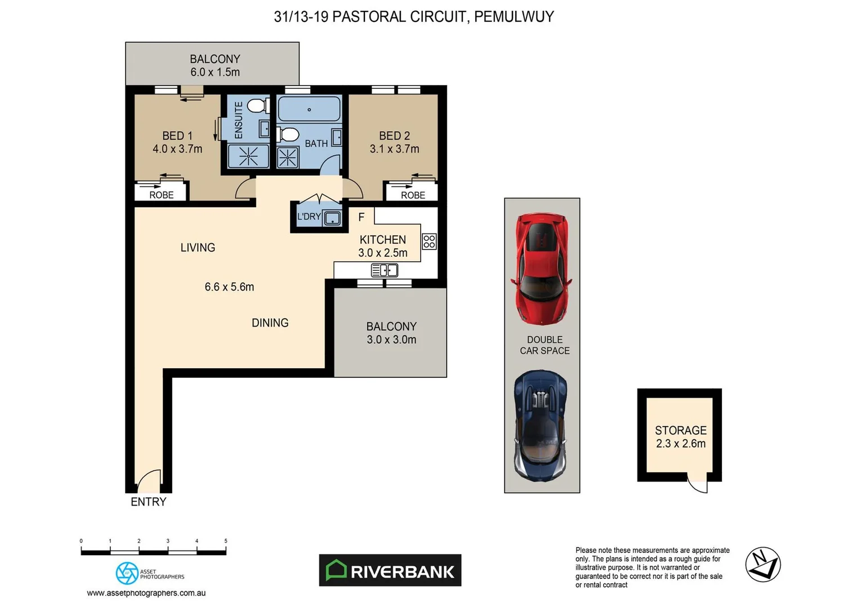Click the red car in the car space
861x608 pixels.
pos(541,269)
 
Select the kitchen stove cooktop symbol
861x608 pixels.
pos(429,242)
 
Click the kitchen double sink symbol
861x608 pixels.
pos(385,271)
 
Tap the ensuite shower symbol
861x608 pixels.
pos(248,156)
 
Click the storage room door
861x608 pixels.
pos(698,484)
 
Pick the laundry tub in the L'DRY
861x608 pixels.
pos(332,218)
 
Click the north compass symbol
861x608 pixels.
pos(763,565)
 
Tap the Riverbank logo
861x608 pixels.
pos(390,570)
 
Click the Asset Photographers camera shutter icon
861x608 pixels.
pos(127,573)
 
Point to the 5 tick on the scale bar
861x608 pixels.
pos(226,541)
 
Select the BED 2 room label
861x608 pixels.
pos(394,136)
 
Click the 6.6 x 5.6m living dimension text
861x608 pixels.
pos(229,287)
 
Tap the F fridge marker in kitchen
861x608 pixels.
pos(362,217)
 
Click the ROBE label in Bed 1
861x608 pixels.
pos(161,195)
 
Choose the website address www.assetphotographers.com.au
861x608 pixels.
pos(146,593)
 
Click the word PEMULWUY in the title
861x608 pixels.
pos(514,17)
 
